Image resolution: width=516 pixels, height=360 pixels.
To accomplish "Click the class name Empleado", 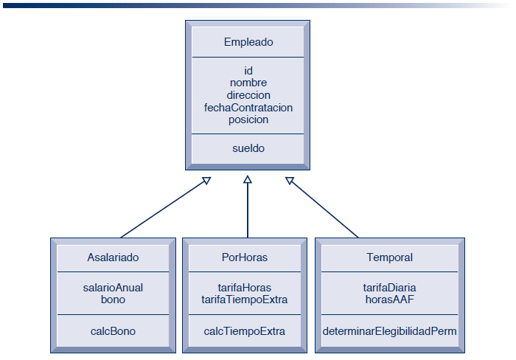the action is pyautogui.click(x=248, y=42).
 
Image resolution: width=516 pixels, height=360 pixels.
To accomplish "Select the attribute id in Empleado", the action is pyautogui.click(x=248, y=71).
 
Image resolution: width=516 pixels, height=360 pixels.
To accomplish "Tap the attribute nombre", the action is pyautogui.click(x=248, y=83).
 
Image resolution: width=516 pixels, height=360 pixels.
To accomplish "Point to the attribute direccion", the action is pyautogui.click(x=248, y=95).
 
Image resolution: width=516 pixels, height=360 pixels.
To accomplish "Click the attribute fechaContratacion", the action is pyautogui.click(x=248, y=108).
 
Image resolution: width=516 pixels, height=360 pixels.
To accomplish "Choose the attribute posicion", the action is pyautogui.click(x=248, y=120).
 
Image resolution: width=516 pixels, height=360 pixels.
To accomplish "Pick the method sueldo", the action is pyautogui.click(x=248, y=148).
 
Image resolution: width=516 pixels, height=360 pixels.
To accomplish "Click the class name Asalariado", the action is pyautogui.click(x=113, y=257).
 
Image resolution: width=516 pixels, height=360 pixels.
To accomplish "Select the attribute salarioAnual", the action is pyautogui.click(x=113, y=288).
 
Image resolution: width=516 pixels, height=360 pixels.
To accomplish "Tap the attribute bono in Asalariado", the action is pyautogui.click(x=113, y=300).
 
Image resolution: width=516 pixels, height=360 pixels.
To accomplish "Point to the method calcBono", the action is pyautogui.click(x=113, y=331).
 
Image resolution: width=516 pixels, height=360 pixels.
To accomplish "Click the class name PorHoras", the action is pyautogui.click(x=245, y=257).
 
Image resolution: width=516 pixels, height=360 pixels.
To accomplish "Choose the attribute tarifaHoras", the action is pyautogui.click(x=245, y=288).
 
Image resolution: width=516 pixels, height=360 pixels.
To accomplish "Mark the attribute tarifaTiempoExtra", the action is pyautogui.click(x=245, y=300).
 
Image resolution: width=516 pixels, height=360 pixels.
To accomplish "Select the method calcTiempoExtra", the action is pyautogui.click(x=245, y=331).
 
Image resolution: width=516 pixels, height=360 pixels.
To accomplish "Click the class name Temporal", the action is pyautogui.click(x=390, y=257).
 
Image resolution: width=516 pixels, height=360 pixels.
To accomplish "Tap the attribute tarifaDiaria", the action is pyautogui.click(x=390, y=288).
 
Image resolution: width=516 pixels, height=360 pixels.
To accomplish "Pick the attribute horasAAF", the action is pyautogui.click(x=390, y=300).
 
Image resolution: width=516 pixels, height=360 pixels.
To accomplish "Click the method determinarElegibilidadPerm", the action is pyautogui.click(x=390, y=331).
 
